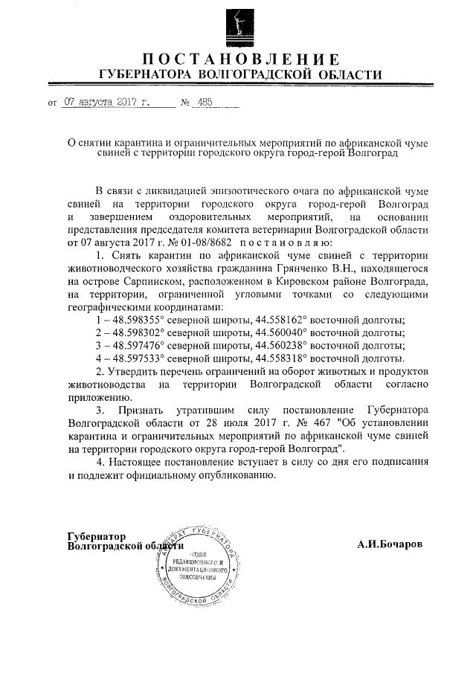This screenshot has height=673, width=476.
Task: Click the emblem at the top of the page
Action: coord(239,25)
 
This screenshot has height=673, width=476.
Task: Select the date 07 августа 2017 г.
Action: coord(106,104)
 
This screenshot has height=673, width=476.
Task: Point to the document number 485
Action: coord(201,104)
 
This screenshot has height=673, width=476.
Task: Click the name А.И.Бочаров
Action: coord(389,544)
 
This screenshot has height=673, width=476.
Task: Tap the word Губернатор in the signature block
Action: coord(97,536)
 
